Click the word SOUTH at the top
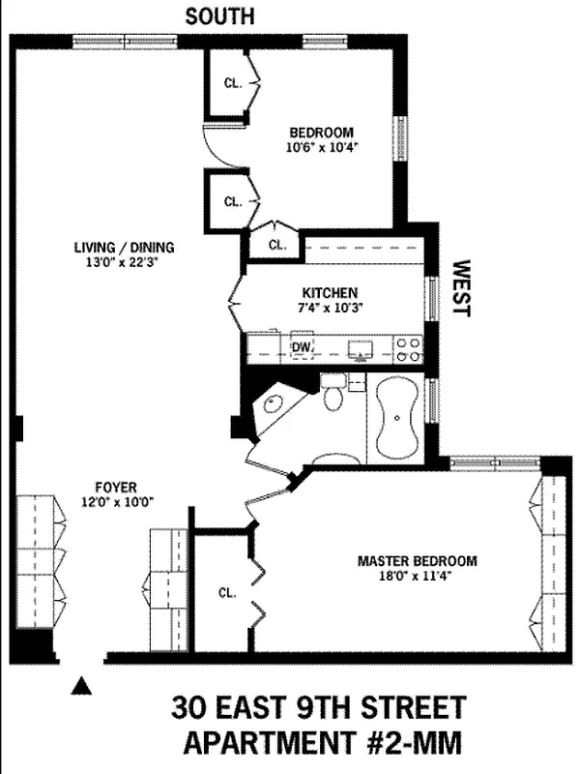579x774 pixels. tap(220, 15)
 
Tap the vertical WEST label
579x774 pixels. tap(461, 287)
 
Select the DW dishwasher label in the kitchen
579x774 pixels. tap(301, 345)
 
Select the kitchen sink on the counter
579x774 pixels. tap(362, 347)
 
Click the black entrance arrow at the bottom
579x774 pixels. tap(82, 687)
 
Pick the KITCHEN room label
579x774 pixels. tap(330, 292)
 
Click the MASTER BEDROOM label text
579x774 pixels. tap(417, 560)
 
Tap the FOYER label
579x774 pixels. tap(116, 488)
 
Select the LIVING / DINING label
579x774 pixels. tap(117, 247)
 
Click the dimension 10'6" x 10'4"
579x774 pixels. tap(322, 148)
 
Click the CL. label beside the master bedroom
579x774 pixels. tap(226, 592)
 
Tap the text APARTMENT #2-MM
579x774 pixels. tap(319, 743)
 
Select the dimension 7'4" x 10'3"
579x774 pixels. tap(330, 308)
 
